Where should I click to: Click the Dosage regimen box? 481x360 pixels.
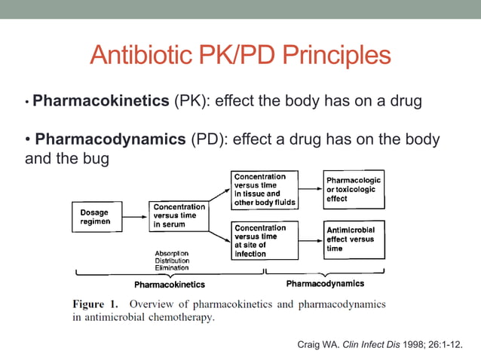click(x=95, y=217)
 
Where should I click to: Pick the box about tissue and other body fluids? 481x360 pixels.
click(x=264, y=190)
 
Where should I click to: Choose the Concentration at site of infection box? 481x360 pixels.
click(x=264, y=240)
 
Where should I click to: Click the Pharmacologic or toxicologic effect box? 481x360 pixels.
click(x=353, y=190)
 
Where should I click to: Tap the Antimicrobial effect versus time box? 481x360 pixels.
click(x=353, y=239)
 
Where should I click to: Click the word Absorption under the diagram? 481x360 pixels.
click(x=172, y=252)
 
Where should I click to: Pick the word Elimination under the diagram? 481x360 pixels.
click(x=172, y=267)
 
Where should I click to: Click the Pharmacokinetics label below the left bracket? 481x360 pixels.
click(x=169, y=285)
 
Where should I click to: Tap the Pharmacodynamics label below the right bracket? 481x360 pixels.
click(x=325, y=284)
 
